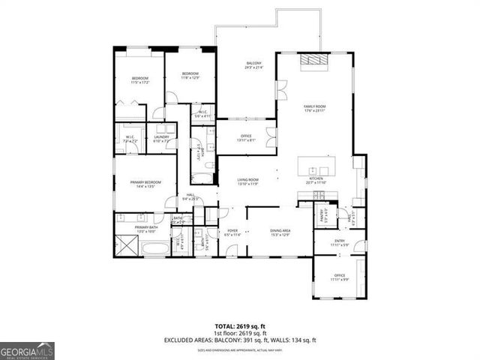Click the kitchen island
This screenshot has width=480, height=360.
pyautogui.click(x=316, y=166)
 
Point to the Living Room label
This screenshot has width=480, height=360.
pyautogui.click(x=248, y=181)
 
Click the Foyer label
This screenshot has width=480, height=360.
pyautogui.click(x=232, y=233)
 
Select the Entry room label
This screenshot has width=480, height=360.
pyautogui.click(x=340, y=243)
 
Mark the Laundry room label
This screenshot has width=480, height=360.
pyautogui.click(x=161, y=139)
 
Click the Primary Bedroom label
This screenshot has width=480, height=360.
pyautogui.click(x=143, y=183)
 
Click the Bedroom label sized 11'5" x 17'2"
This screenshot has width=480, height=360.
pyautogui.click(x=140, y=80)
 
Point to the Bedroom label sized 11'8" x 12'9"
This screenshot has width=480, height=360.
pyautogui.click(x=189, y=75)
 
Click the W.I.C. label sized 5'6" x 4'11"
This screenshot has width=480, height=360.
pyautogui.click(x=203, y=115)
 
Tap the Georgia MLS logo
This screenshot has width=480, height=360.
pyautogui.click(x=27, y=351)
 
